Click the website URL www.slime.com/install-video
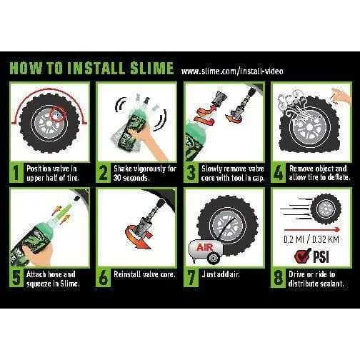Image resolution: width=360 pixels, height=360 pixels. (x=232, y=71)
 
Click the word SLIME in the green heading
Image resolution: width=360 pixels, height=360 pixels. (x=152, y=68)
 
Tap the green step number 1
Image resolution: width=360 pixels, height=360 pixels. (x=16, y=173)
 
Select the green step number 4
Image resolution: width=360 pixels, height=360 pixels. (x=278, y=173)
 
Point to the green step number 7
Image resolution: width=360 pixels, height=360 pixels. (x=191, y=278)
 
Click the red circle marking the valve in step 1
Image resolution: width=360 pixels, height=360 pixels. (x=58, y=114)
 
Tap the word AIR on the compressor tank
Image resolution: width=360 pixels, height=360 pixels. (x=205, y=247)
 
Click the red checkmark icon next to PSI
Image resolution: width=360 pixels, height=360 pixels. (x=303, y=256)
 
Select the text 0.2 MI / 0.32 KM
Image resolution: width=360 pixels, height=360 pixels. (x=311, y=239)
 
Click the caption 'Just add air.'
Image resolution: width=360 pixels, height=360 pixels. (x=221, y=274)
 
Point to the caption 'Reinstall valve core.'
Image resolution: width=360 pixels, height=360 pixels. (x=144, y=274)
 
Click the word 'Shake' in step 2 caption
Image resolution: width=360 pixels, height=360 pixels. (x=123, y=169)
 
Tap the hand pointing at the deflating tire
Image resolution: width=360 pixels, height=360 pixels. (x=341, y=96)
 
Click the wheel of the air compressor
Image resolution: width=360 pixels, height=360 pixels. (x=212, y=258)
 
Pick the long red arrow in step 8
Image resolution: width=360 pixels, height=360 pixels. (x=311, y=230)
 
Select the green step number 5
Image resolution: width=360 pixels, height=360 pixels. (x=16, y=278)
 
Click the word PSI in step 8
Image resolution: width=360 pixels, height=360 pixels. (x=321, y=256)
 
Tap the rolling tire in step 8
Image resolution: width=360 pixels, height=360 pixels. (x=326, y=209)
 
